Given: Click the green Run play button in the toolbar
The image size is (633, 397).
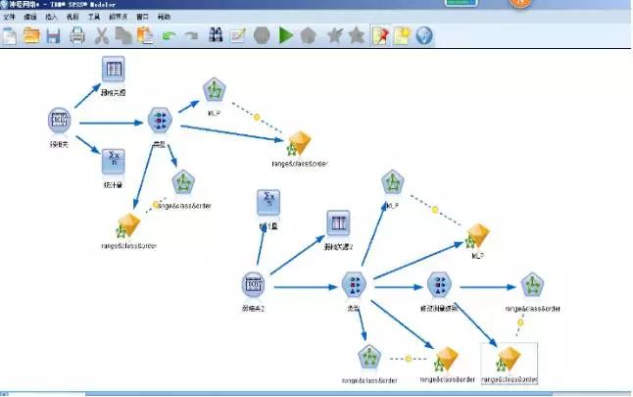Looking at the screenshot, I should click(286, 36).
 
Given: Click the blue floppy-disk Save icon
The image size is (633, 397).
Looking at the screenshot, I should click(54, 36).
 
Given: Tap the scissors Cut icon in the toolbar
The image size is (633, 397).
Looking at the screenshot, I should click(101, 36).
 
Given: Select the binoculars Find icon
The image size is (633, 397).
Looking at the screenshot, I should click(216, 36).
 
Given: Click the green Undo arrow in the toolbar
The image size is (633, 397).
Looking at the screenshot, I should click(170, 36).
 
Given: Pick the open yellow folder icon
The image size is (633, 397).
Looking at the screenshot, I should click(31, 36).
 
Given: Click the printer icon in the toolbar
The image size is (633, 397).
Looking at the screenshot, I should click(77, 36).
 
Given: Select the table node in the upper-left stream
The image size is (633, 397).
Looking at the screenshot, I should click(115, 70).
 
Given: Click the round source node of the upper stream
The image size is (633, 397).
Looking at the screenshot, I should click(60, 121).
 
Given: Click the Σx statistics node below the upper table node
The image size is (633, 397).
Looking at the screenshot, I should click(115, 159).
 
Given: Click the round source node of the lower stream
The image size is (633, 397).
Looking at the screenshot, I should click(254, 285).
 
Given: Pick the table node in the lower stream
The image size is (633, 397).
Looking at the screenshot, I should click(338, 224).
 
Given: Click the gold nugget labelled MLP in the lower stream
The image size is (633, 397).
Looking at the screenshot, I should click(476, 236).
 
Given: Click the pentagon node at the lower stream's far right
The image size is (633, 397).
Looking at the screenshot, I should click(532, 285).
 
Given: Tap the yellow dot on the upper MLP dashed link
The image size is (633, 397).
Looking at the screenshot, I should click(257, 117).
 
